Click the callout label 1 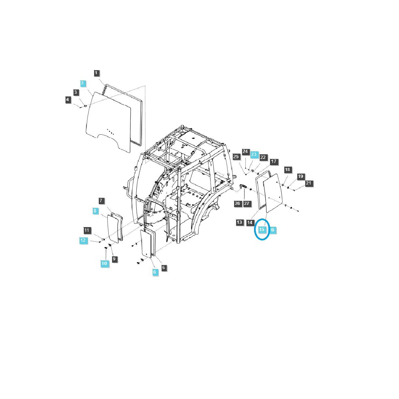pos(96,73)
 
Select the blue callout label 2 pos(82,83)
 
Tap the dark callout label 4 pos(68,99)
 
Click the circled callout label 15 pos(262,229)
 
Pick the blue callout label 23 pos(254,155)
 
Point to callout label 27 pos(247,203)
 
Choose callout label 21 pos(309,183)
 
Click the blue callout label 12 pos(83,240)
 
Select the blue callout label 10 pos(104,263)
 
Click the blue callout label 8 pos(95,210)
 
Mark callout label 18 pos(288,170)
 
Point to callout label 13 pos(240,222)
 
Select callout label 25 pos(236,157)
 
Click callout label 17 pos(273,162)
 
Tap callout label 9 pos(114,259)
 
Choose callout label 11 pos(87,230)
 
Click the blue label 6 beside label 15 pos(273,229)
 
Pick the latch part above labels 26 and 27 pos(243,187)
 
